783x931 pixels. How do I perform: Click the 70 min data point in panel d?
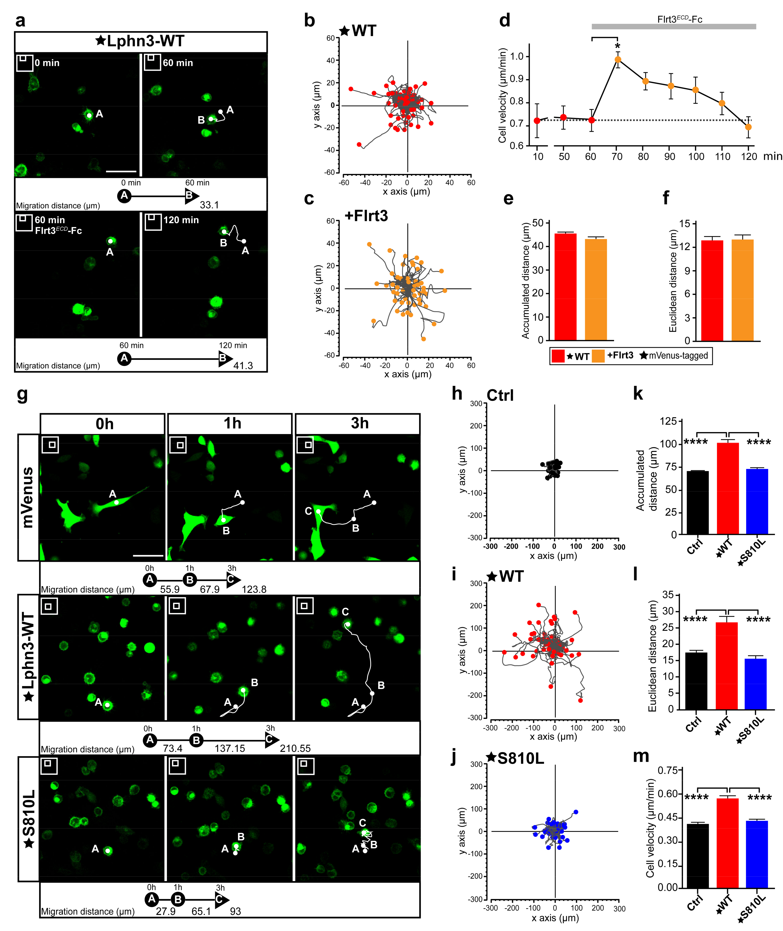coord(617,60)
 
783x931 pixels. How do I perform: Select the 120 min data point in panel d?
coord(748,127)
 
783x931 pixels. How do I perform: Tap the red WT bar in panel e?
coord(565,287)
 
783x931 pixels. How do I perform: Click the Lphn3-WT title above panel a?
coord(140,41)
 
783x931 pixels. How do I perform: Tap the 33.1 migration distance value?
coord(209,205)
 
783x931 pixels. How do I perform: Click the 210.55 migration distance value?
coord(295,748)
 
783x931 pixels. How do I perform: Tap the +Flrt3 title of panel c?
coord(366,216)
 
